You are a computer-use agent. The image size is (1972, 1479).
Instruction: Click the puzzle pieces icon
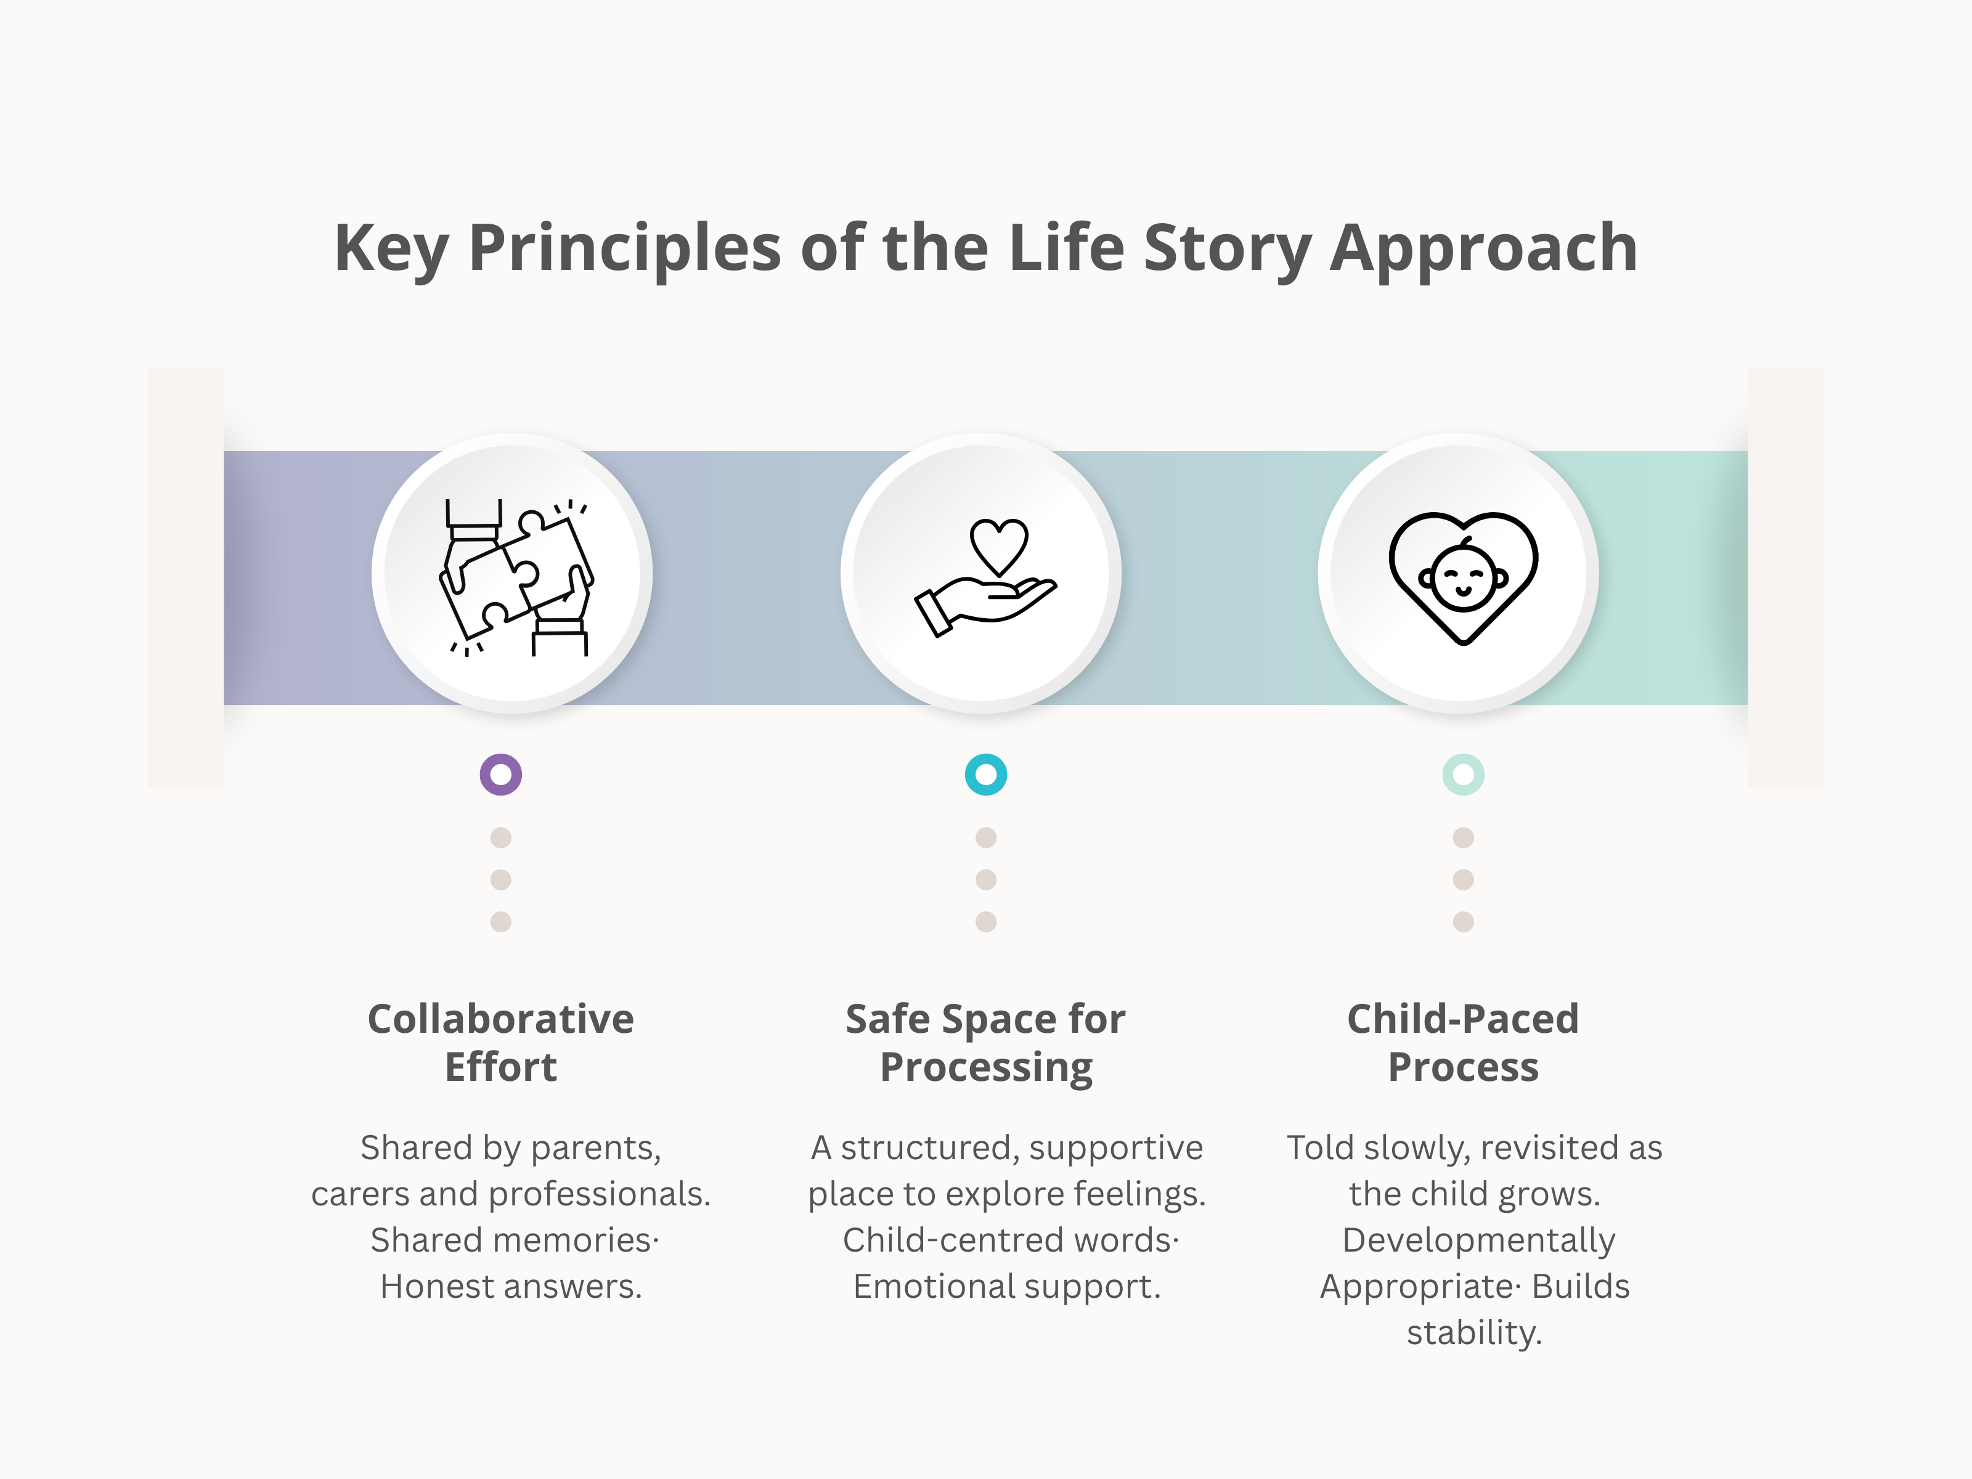pos(515,576)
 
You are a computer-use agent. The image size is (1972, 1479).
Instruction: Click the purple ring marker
pos(501,775)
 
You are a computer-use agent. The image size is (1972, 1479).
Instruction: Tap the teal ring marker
pos(986,775)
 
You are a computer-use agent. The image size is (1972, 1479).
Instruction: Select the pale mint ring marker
pos(1463,775)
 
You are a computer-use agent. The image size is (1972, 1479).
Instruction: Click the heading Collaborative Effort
pos(501,1042)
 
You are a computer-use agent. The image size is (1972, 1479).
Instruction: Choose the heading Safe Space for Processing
pos(986,1042)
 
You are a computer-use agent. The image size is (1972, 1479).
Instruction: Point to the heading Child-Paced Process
pos(1463,1042)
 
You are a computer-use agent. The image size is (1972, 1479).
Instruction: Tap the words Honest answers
pos(511,1287)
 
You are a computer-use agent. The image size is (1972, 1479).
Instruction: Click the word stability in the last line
pos(1473,1334)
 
